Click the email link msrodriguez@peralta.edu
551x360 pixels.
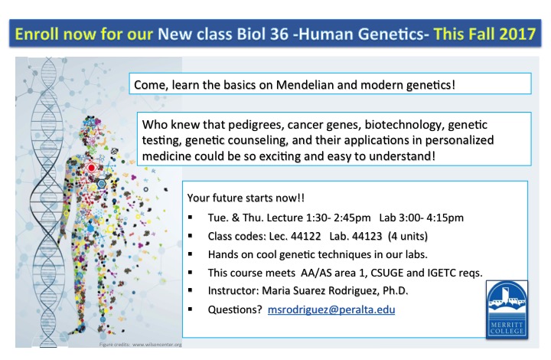331,309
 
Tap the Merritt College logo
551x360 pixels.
507,309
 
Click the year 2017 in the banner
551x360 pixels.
517,34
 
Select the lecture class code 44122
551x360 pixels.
305,236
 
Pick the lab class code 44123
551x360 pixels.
367,236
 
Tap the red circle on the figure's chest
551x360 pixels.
91,168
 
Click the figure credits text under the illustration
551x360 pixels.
141,345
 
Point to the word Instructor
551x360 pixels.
233,291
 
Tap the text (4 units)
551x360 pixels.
408,236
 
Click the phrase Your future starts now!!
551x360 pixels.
246,198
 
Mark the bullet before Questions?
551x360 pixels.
191,309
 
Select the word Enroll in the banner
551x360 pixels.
37,34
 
